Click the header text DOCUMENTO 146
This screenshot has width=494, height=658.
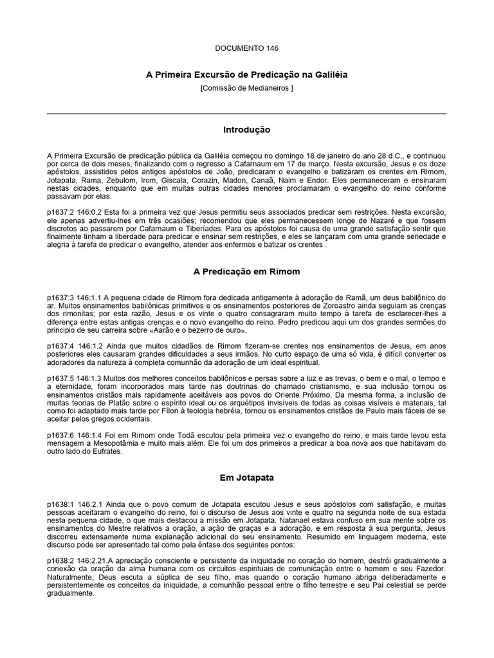246,48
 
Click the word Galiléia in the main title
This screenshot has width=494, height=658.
329,75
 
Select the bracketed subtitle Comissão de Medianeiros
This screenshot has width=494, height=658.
246,88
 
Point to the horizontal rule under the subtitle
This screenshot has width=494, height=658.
246,114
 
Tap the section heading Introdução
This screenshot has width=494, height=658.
246,130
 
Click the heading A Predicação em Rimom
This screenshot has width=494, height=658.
246,272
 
